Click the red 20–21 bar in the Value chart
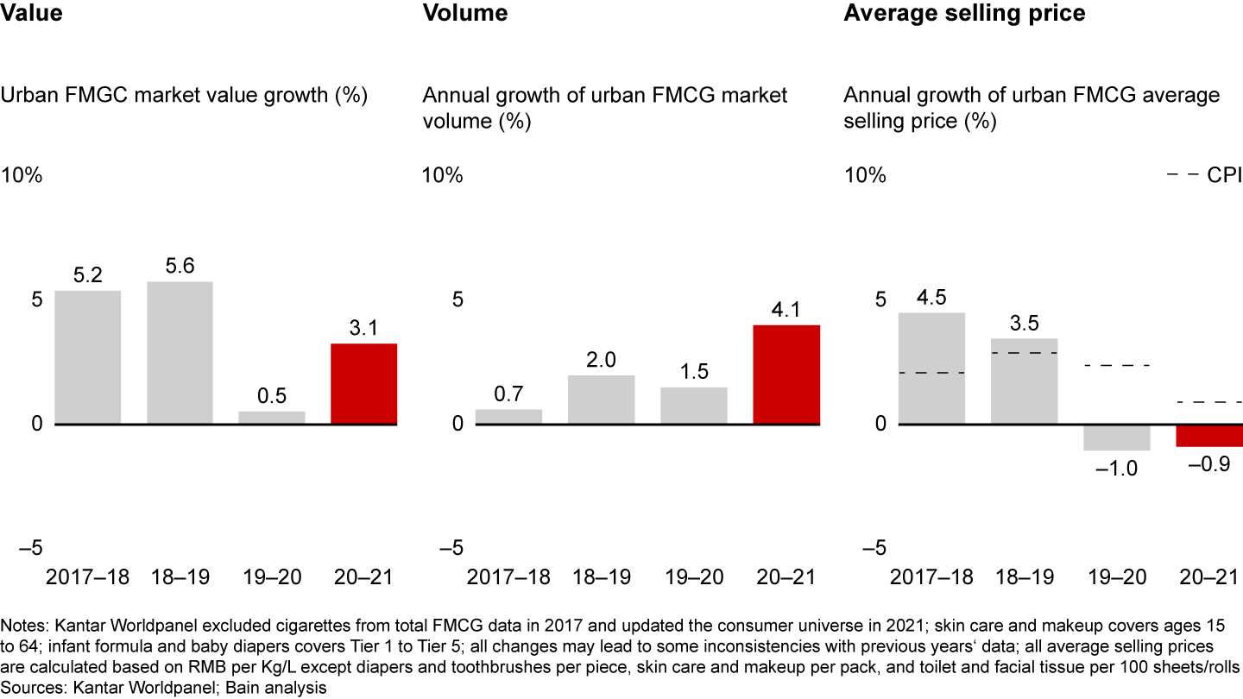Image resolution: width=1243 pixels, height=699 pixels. click(364, 384)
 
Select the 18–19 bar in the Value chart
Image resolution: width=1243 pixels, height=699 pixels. click(180, 353)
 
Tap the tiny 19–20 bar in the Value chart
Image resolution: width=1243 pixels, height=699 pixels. click(272, 418)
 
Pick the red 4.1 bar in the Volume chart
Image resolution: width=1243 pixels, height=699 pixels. click(786, 375)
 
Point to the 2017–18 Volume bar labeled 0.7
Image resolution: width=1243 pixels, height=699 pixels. click(508, 416)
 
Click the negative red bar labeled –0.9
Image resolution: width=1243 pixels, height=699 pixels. click(1209, 436)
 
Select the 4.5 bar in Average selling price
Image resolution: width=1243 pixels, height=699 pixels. click(931, 368)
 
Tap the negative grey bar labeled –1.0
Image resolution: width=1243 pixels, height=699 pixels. click(1117, 438)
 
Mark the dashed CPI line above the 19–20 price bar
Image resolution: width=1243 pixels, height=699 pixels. click(1117, 366)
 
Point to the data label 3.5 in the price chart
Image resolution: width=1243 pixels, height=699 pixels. click(1024, 324)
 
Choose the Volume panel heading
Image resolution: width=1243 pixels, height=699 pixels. click(464, 13)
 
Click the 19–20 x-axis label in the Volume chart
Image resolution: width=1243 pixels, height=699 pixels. click(694, 577)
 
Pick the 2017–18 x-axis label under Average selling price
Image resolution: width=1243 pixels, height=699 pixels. click(931, 577)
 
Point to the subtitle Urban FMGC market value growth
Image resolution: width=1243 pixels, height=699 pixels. click(184, 95)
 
